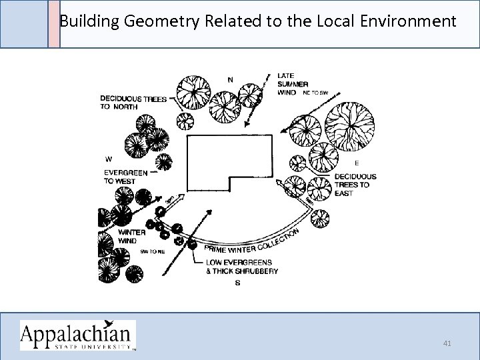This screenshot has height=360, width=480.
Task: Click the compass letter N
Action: [230, 80]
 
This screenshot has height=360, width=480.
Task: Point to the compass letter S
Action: [238, 283]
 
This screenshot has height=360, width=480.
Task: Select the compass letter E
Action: [357, 163]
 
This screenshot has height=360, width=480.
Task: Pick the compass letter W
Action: [108, 159]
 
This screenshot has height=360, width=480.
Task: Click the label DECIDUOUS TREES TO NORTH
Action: [133, 103]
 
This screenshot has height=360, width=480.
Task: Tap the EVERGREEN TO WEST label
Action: [125, 177]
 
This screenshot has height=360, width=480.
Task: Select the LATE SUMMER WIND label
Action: [292, 84]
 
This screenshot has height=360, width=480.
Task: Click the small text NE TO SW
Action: [316, 93]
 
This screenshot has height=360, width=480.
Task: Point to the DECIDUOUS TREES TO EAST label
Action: [355, 185]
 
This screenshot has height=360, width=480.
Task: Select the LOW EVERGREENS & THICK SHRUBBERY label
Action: [241, 267]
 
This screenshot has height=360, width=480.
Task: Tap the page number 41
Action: [447, 343]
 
